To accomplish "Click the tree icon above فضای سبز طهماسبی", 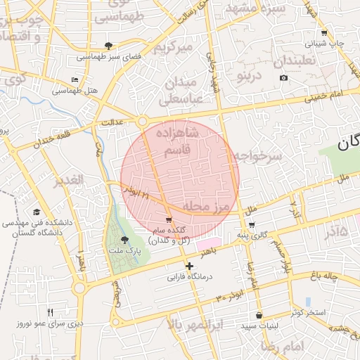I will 108,46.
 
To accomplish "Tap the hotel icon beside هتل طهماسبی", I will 75,79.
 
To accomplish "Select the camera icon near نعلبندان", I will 283,77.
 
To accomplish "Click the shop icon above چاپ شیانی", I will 323,33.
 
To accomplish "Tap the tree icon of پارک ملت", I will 124,240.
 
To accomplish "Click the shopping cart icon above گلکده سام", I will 168,219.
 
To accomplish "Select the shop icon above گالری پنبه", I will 251,225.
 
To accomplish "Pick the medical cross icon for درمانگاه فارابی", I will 188,266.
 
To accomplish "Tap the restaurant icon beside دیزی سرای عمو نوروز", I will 50,312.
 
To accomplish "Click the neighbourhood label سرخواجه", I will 257,156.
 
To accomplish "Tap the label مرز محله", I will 213,206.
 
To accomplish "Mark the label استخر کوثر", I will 307,311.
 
